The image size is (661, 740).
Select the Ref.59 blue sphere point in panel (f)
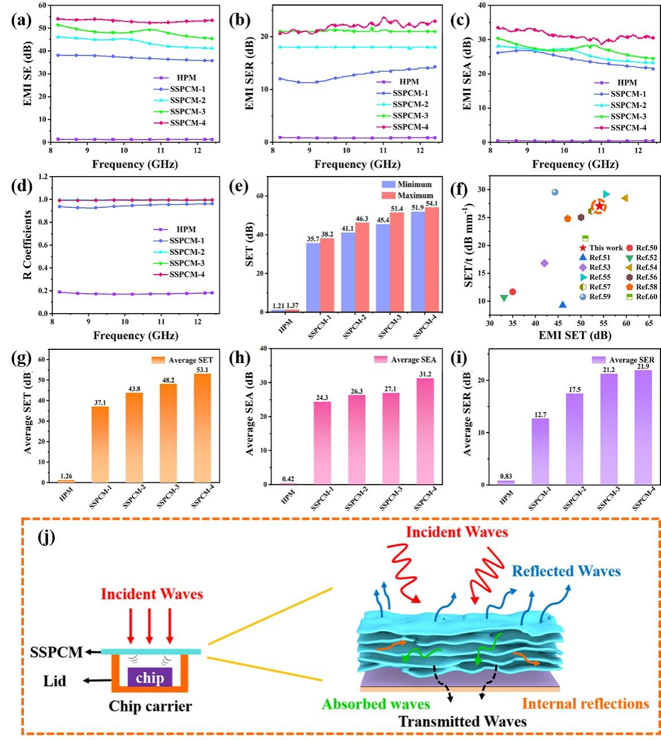click(555, 193)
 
